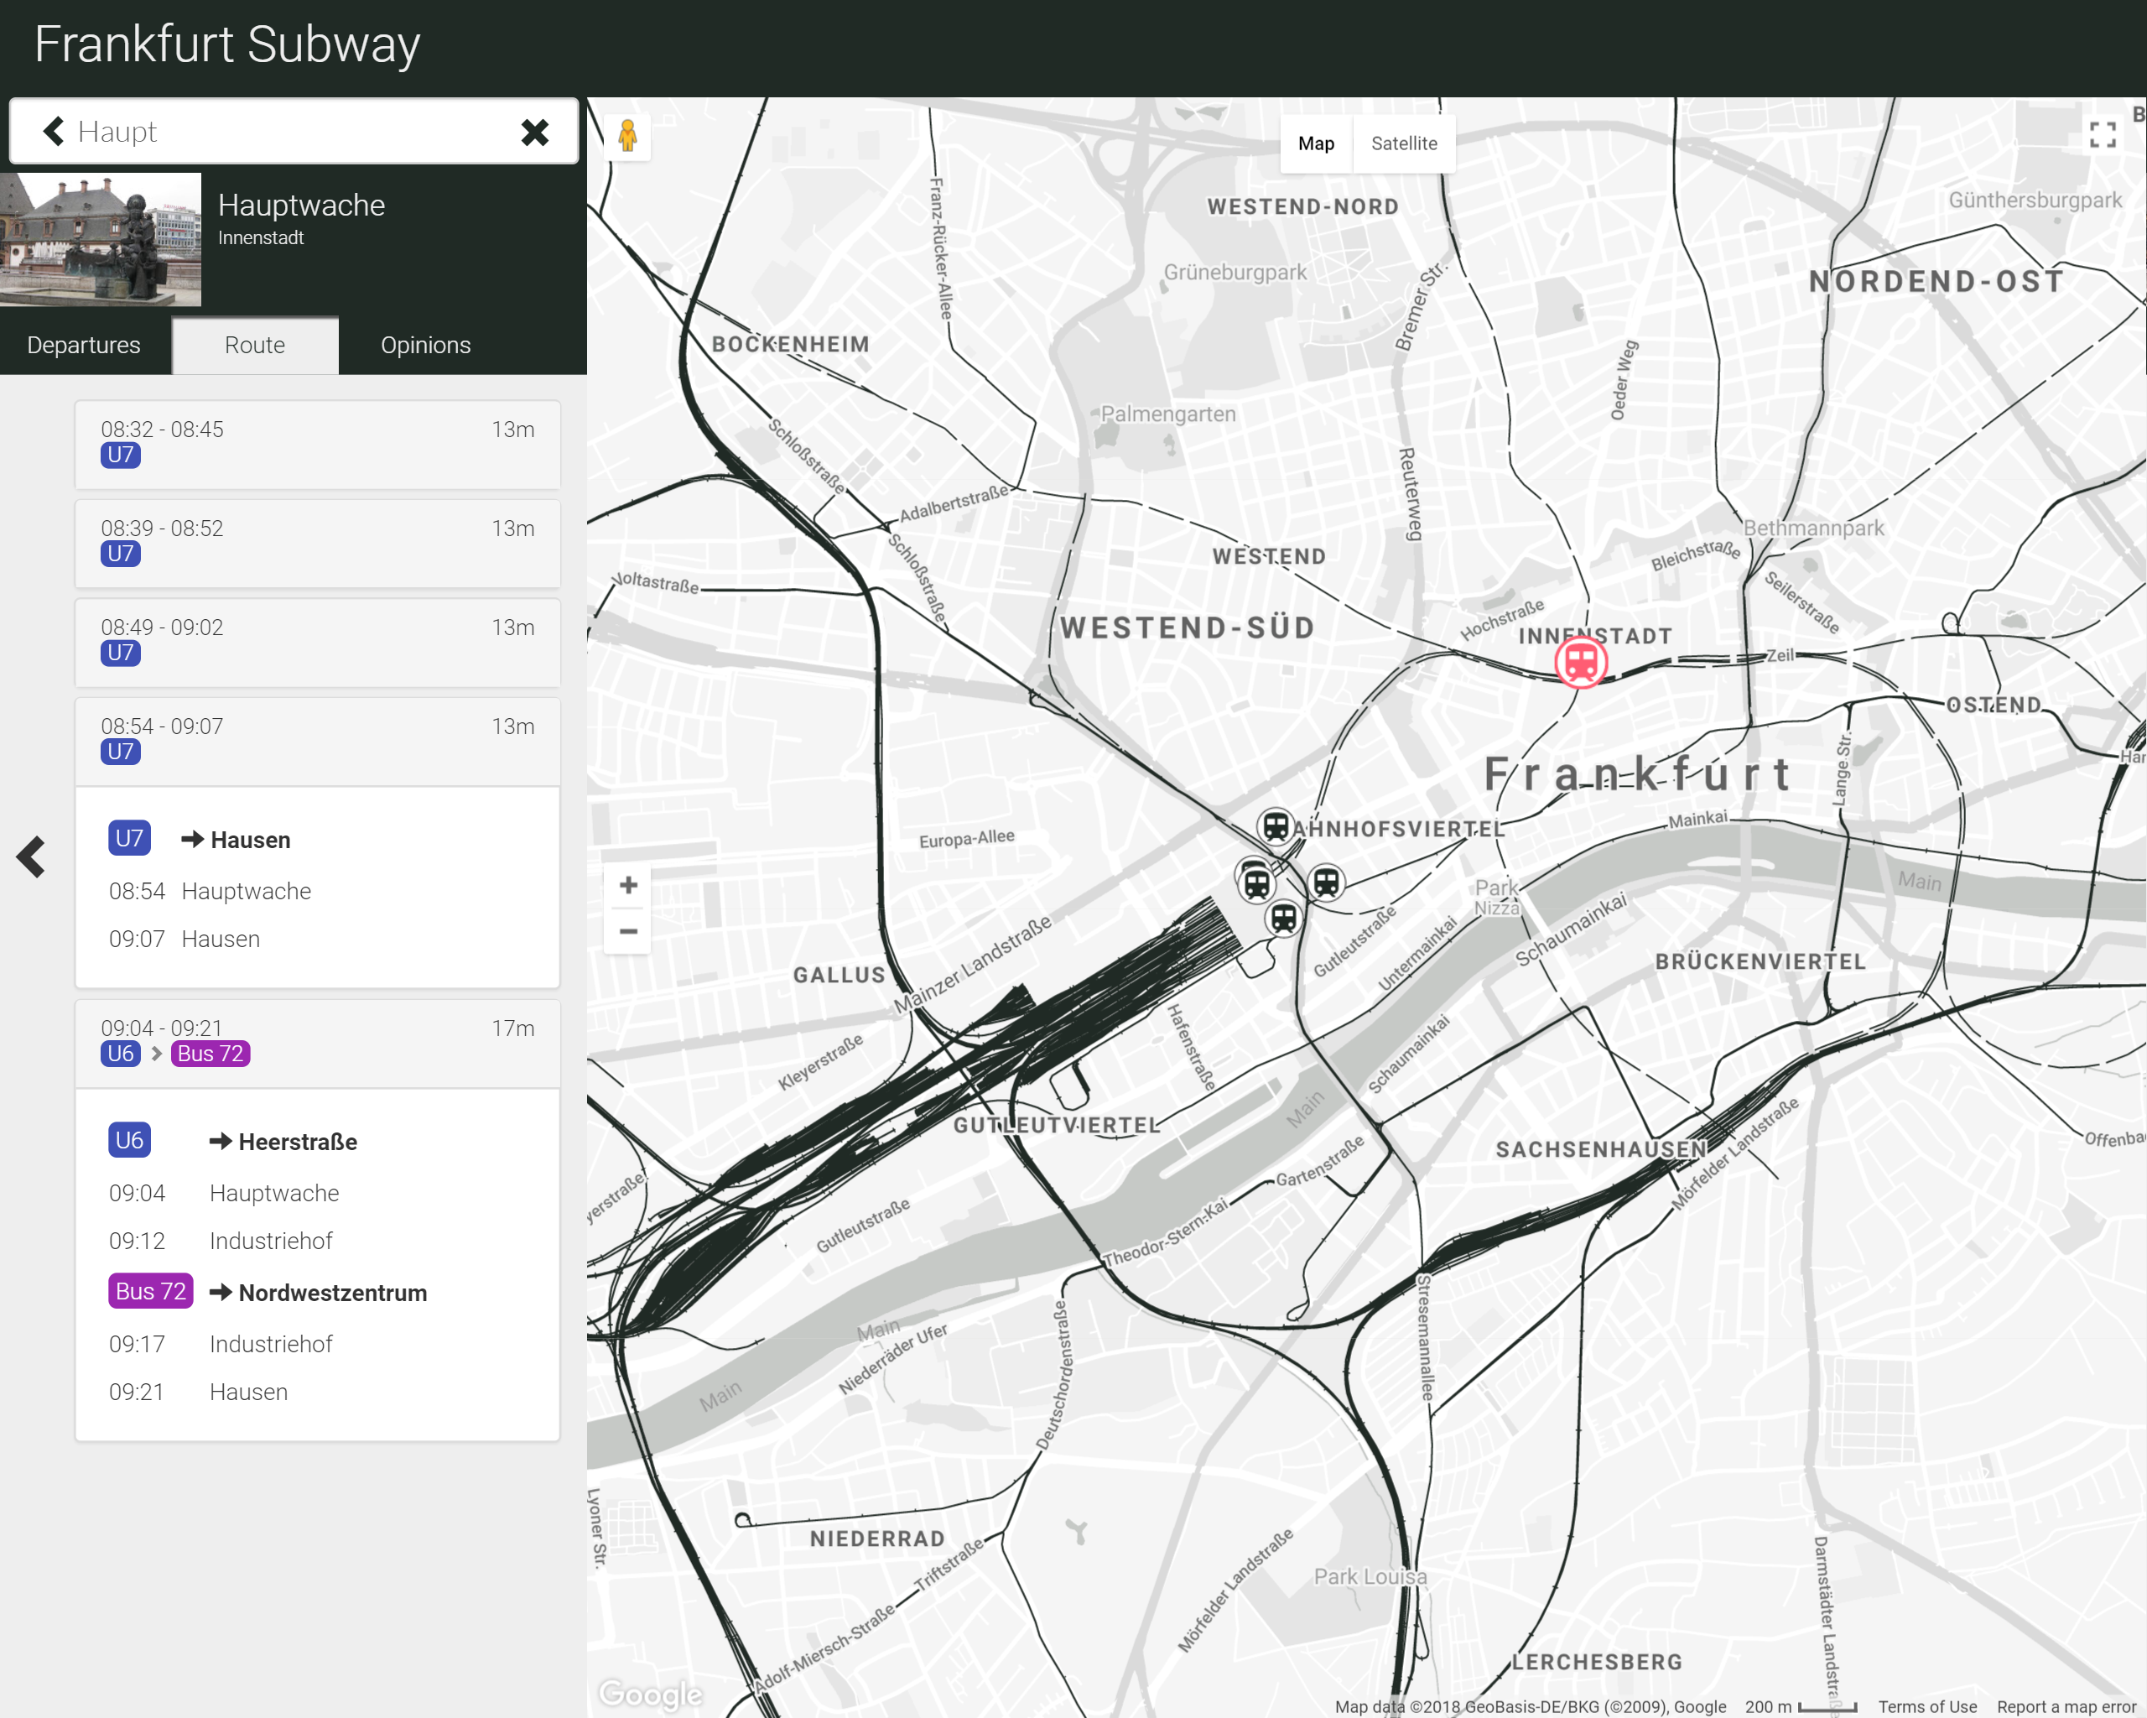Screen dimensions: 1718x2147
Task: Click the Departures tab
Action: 84,346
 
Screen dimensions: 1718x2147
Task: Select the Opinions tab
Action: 425,346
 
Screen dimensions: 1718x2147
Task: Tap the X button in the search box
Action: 535,133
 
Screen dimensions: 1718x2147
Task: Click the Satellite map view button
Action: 1403,143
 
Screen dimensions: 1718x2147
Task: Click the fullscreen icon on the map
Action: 2103,135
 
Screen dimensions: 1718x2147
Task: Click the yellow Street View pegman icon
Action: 627,135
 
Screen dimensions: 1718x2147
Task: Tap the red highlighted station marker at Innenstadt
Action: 1580,663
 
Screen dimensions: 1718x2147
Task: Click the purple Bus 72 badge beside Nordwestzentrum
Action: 150,1292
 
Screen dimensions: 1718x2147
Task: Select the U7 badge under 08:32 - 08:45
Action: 121,456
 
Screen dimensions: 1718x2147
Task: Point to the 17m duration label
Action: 513,1028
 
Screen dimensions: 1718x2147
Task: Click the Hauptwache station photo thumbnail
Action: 101,240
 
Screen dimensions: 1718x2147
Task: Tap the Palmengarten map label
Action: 1167,414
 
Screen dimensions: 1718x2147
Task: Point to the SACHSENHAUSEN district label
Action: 1600,1149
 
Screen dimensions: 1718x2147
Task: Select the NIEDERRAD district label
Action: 876,1538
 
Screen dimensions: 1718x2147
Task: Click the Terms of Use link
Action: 1927,1706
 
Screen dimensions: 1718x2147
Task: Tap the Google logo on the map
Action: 650,1693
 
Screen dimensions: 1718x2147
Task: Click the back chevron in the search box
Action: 54,132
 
